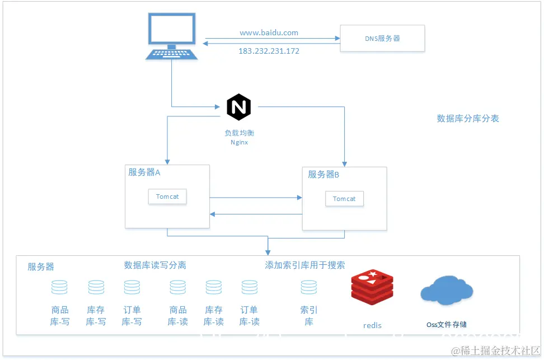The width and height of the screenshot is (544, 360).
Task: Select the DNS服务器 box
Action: tap(382, 39)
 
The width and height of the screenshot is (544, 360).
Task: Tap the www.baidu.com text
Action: tap(269, 32)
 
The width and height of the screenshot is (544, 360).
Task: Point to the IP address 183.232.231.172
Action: tap(269, 51)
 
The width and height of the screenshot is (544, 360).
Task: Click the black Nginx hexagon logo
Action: tap(239, 107)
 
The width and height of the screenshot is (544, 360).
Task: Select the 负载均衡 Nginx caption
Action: tap(239, 138)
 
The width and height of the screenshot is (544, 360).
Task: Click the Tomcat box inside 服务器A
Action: tap(167, 197)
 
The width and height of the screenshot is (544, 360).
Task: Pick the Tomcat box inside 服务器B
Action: tap(344, 199)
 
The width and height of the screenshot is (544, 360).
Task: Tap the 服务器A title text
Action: tap(144, 172)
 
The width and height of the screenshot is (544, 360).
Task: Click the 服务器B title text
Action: tap(323, 175)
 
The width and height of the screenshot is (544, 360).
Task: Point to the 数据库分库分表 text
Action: tap(468, 119)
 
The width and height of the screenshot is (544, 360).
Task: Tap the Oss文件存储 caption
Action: tap(447, 325)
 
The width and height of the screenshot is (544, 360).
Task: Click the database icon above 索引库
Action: tap(309, 287)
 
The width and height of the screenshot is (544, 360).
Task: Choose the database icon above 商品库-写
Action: tap(59, 287)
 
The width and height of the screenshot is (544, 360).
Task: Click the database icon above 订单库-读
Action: tap(250, 287)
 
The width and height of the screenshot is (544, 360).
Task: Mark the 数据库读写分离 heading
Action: tap(155, 265)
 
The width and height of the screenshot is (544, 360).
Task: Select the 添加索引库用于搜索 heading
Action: tap(305, 265)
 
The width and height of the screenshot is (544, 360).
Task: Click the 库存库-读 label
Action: tap(214, 316)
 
